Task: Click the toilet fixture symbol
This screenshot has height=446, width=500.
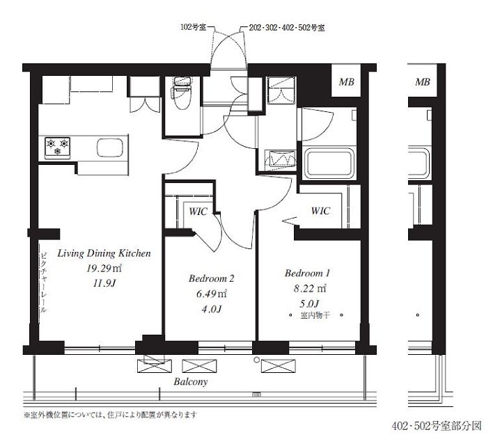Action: [x=182, y=93]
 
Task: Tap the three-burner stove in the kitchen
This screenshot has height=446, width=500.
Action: [x=57, y=148]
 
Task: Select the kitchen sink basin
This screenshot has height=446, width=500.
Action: [x=110, y=148]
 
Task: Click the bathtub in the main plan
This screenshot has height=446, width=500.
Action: [x=329, y=164]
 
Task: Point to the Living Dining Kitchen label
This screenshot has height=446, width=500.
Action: [x=104, y=253]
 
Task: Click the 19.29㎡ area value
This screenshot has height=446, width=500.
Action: [x=104, y=269]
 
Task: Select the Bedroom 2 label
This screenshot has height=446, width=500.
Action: [x=212, y=278]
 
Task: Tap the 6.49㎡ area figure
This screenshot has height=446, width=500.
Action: [x=212, y=294]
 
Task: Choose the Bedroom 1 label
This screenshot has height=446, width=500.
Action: [x=307, y=273]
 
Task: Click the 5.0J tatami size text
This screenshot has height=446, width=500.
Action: [x=309, y=303]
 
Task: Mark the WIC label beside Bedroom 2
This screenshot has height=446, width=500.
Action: [x=198, y=212]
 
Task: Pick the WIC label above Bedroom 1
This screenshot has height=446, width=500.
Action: [x=320, y=211]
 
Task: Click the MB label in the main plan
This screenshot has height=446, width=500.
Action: [x=346, y=82]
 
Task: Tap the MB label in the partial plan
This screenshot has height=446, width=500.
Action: [x=423, y=82]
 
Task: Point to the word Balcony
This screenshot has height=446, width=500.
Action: [x=191, y=382]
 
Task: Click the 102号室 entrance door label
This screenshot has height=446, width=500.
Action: [x=193, y=27]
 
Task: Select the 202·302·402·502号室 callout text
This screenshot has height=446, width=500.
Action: [x=287, y=28]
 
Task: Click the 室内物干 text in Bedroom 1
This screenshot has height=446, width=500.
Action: [x=315, y=315]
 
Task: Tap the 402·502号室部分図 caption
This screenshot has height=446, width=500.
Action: [x=437, y=426]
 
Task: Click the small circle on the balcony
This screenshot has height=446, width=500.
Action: [x=256, y=360]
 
